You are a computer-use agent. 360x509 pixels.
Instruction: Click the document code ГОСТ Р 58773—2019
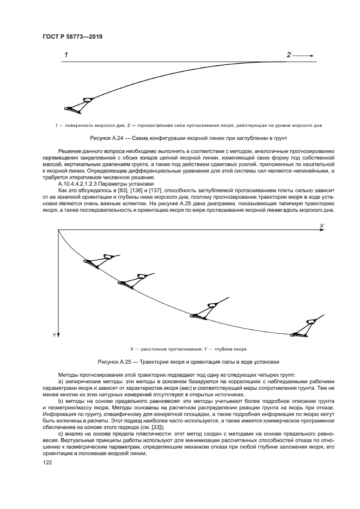pyautogui.click(x=72, y=36)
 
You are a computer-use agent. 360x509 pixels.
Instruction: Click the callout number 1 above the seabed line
pyautogui.click(x=66, y=55)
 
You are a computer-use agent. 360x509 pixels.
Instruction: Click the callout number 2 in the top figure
pyautogui.click(x=289, y=55)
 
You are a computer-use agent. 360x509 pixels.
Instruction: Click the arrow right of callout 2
pyautogui.click(x=306, y=55)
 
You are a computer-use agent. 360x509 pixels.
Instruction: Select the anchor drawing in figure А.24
pyautogui.click(x=78, y=105)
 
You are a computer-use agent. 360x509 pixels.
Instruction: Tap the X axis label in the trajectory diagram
pyautogui.click(x=321, y=225)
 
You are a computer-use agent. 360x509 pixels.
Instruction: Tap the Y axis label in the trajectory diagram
pyautogui.click(x=54, y=335)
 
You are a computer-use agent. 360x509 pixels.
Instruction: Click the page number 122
pyautogui.click(x=47, y=462)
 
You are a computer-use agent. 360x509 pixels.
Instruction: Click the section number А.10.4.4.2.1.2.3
pyautogui.click(x=80, y=183)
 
